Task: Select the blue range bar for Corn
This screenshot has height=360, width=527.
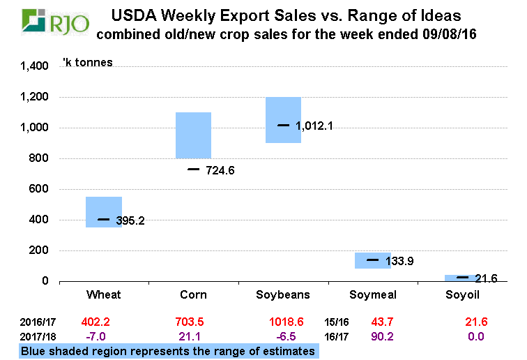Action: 193,135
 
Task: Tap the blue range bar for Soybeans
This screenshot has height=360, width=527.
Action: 283,119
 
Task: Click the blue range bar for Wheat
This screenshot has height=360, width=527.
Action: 104,212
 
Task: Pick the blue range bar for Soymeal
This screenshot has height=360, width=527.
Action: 373,260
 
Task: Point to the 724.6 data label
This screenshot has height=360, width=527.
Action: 221,170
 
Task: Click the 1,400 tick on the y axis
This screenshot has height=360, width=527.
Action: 33,66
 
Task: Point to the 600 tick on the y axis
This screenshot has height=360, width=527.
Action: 39,189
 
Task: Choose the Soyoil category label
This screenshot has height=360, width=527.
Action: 463,294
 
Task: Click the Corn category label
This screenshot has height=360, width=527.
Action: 193,294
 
